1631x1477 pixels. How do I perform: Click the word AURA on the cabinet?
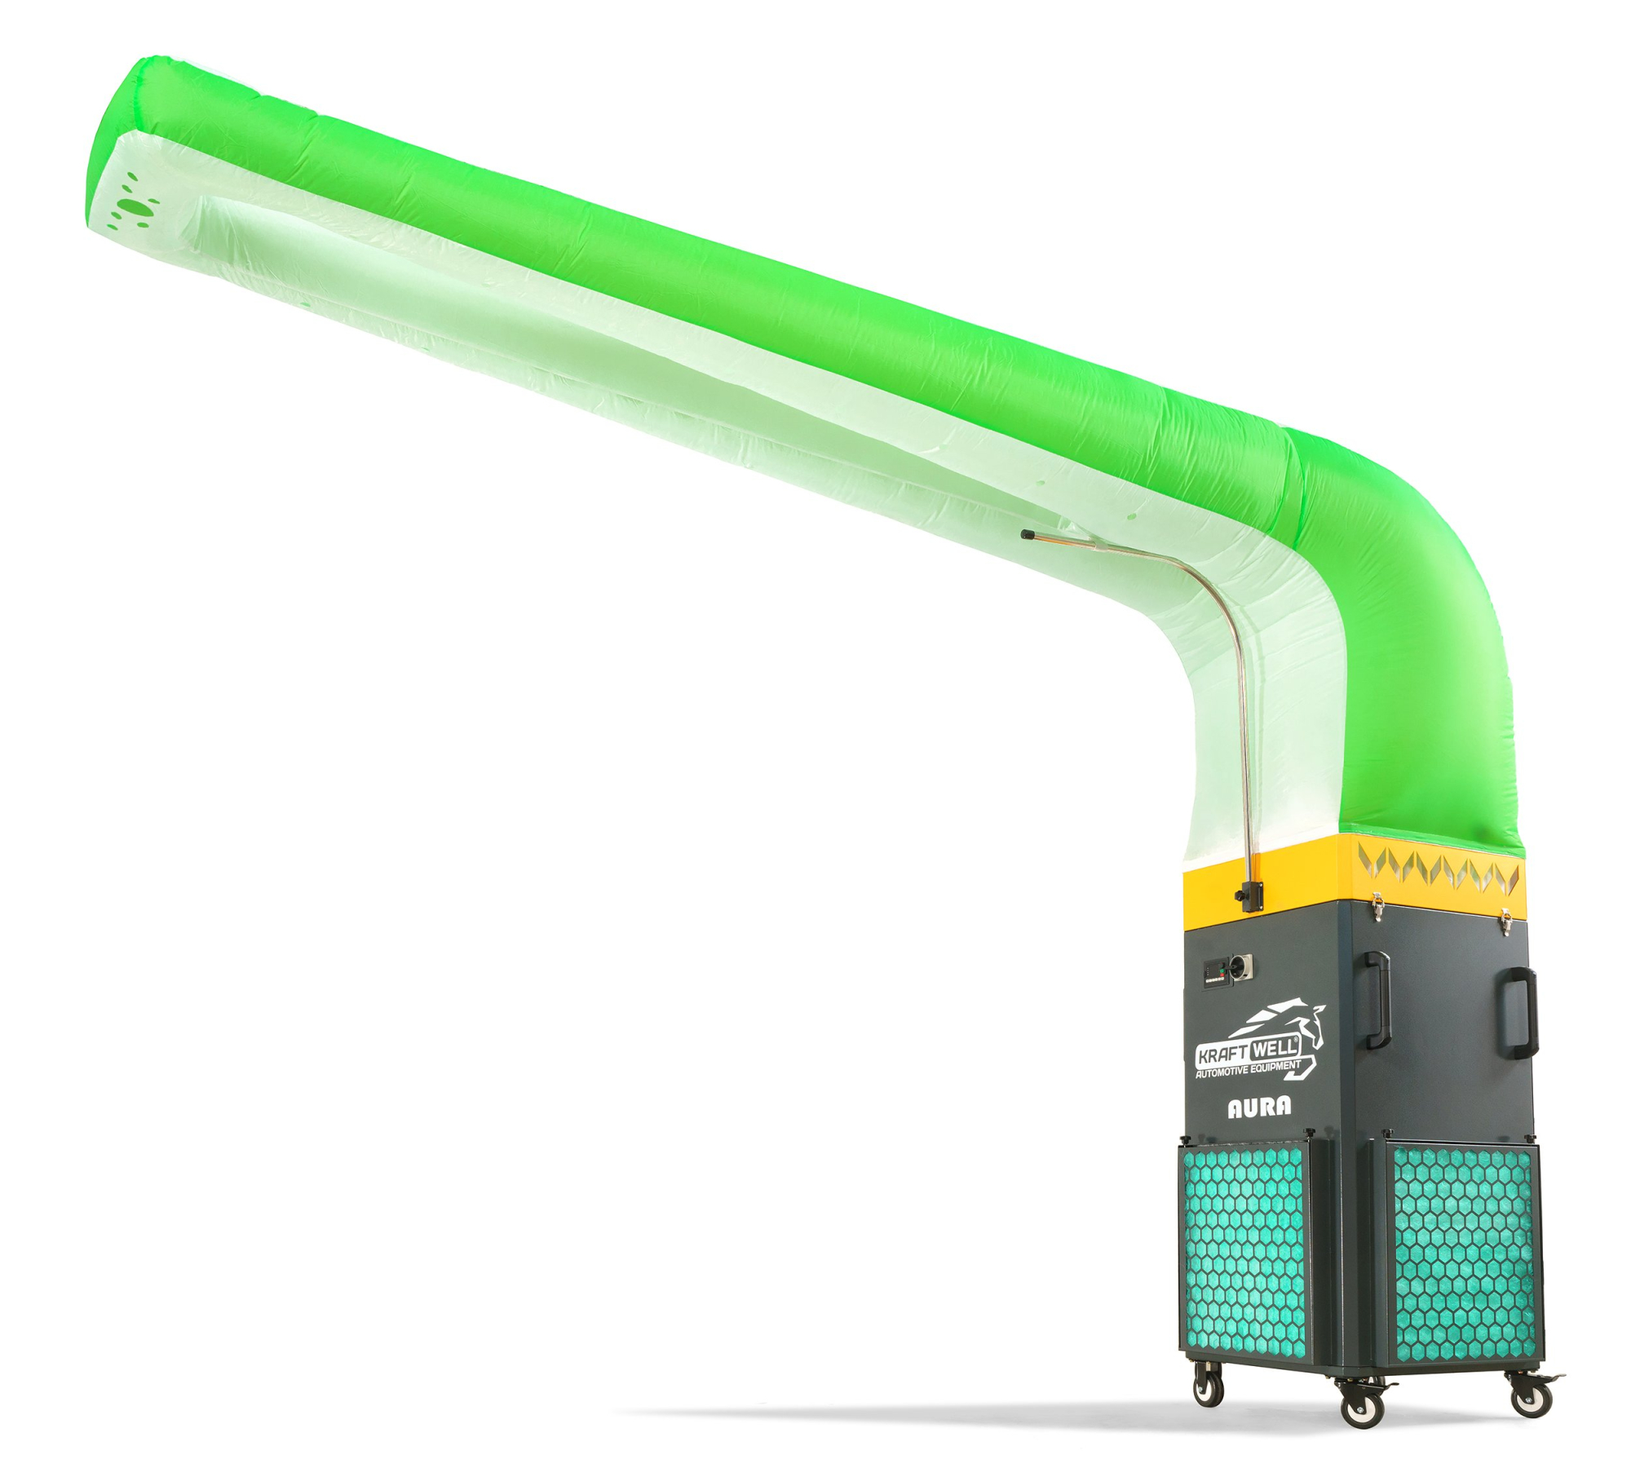coord(1259,1107)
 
